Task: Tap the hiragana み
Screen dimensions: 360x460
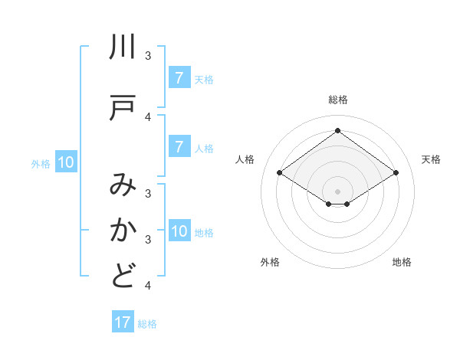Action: click(123, 185)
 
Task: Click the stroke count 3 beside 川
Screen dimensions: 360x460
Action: click(148, 55)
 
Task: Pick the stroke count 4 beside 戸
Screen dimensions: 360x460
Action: click(148, 116)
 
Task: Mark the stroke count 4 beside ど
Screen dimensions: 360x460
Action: click(148, 285)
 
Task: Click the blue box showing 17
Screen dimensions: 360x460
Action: click(123, 322)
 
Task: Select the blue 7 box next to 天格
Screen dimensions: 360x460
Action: click(179, 78)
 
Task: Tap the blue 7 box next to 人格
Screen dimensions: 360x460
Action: click(179, 147)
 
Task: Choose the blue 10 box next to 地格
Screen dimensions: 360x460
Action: click(179, 232)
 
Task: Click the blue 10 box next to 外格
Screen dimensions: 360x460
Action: click(66, 162)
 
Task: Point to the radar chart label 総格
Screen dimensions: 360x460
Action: click(337, 100)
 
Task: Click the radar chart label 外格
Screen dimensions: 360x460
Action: click(270, 262)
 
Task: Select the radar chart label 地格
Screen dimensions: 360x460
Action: click(402, 262)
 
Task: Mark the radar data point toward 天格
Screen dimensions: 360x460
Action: click(396, 173)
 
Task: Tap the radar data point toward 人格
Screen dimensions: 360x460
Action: click(280, 173)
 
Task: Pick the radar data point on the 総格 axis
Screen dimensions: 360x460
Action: click(337, 130)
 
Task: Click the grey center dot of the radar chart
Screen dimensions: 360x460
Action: click(337, 191)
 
